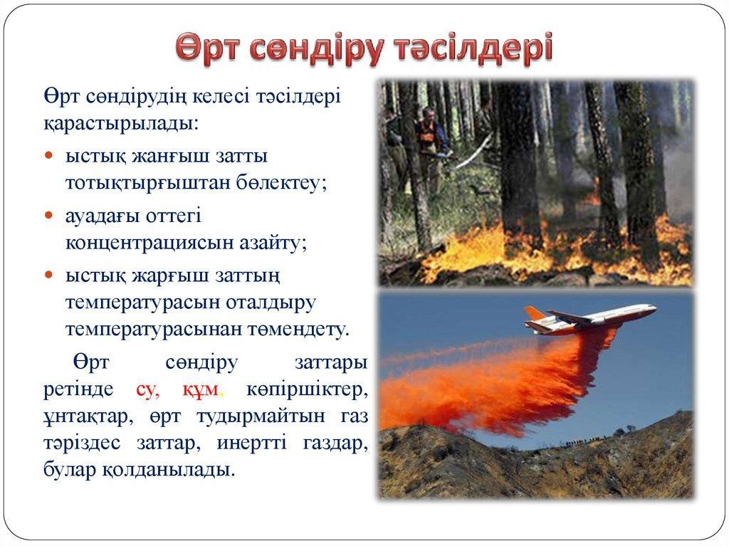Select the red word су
[x=148, y=389]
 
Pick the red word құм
[x=200, y=389]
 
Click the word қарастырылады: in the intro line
[x=121, y=123]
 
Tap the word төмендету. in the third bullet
[x=298, y=330]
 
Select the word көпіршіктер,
[x=307, y=389]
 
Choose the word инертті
[x=252, y=443]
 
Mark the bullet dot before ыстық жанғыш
[x=49, y=156]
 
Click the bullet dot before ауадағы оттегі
[x=49, y=216]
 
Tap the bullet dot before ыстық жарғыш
[x=49, y=275]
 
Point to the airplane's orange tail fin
[x=534, y=313]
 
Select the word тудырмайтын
[x=261, y=416]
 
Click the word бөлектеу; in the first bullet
[x=281, y=183]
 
